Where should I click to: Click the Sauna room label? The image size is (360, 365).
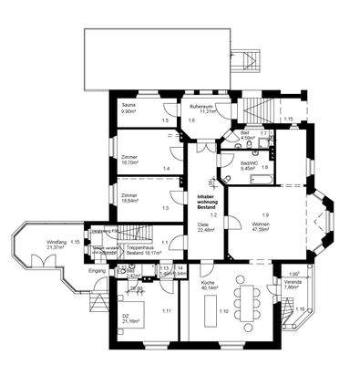(129, 109)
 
